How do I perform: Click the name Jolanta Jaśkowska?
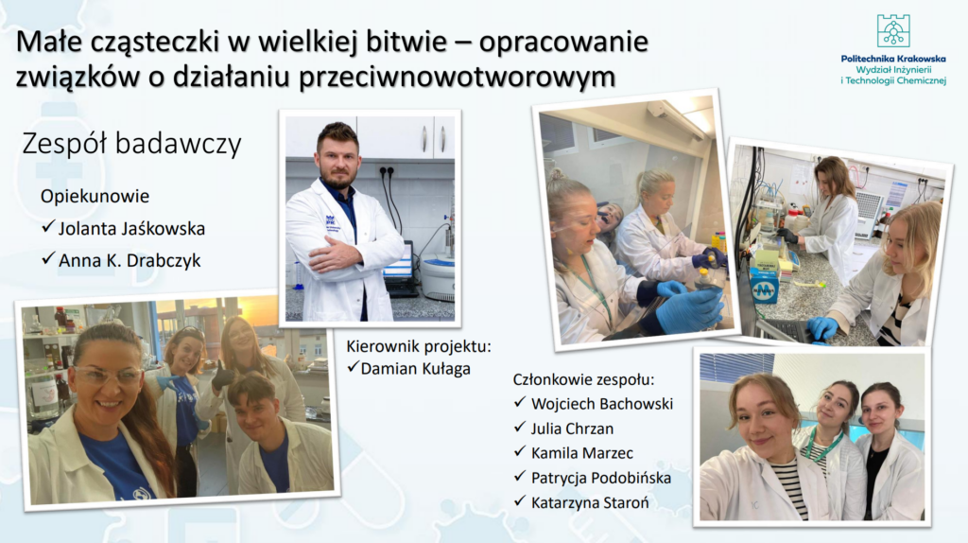pos(131,229)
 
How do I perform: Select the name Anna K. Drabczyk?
pos(130,261)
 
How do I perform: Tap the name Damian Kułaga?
pos(416,369)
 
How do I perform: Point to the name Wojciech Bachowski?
pos(602,404)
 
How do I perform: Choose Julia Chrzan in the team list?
pos(572,429)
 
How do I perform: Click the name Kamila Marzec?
pos(582,453)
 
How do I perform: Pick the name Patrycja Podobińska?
pos(601,478)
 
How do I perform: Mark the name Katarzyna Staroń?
pos(590,503)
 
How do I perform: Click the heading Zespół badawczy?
pos(131,145)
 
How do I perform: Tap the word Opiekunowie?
pos(95,197)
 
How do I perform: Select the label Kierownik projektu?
pos(419,346)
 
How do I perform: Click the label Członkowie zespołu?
pos(583,379)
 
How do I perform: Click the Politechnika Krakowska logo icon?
pos(893,31)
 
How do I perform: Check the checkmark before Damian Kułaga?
pos(354,368)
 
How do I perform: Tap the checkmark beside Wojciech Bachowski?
pos(520,403)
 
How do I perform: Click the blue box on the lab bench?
pos(764,288)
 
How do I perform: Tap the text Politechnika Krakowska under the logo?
pos(893,59)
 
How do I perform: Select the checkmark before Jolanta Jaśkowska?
pos(48,227)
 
